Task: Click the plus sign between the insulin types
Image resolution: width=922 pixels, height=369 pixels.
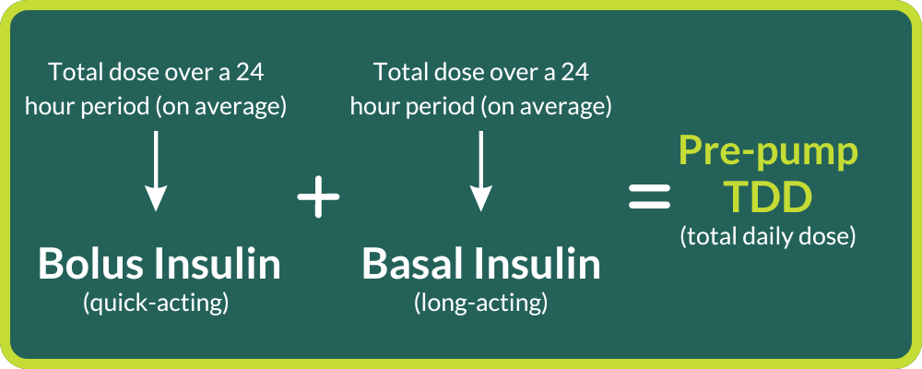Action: (x=319, y=197)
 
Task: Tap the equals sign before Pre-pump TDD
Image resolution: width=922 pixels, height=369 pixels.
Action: (x=649, y=196)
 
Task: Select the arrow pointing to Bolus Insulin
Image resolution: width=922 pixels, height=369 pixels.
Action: (x=156, y=171)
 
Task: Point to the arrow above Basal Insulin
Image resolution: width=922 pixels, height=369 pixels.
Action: (x=479, y=171)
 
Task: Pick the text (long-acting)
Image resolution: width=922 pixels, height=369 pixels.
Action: (x=480, y=302)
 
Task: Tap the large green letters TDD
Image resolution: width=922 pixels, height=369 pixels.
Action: (x=767, y=196)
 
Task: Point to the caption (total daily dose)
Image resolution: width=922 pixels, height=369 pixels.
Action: (x=768, y=236)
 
